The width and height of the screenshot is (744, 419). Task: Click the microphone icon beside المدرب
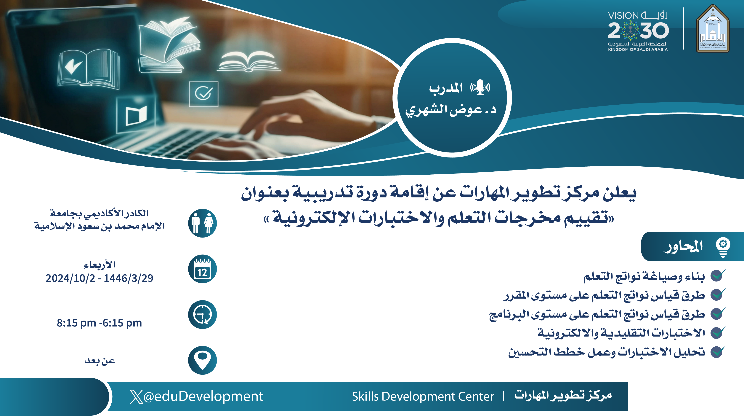point(480,87)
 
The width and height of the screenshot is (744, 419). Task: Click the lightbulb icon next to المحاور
point(723,247)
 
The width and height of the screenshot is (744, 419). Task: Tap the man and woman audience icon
point(203,223)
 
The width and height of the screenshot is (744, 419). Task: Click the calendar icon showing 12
point(203,269)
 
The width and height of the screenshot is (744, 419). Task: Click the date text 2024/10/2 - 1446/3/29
point(99,278)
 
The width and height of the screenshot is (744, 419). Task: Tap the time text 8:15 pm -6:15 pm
point(99,323)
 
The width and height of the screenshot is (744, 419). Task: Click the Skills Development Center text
point(423,396)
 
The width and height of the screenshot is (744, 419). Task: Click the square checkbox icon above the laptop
point(204,94)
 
